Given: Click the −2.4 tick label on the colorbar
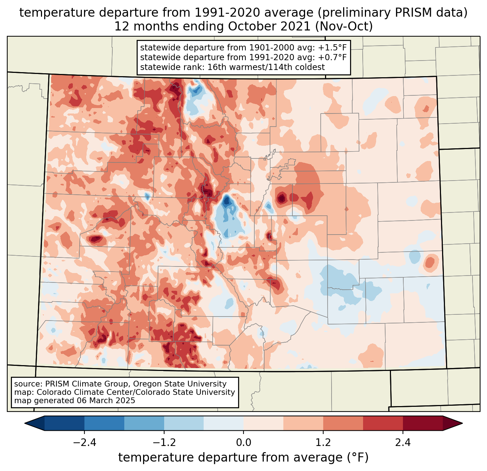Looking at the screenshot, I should click(x=84, y=443).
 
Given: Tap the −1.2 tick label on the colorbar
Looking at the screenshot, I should click(x=164, y=443).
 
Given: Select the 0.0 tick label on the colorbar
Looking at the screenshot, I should click(x=243, y=443).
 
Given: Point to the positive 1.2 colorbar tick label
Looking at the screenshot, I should click(x=323, y=443).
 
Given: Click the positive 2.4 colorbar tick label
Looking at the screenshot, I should click(x=403, y=443).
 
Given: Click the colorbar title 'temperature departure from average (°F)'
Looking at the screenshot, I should click(x=243, y=458).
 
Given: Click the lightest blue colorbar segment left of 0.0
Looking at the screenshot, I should click(x=224, y=423).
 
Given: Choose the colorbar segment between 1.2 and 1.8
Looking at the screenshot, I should click(x=343, y=423).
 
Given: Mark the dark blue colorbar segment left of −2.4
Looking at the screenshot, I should click(x=64, y=423).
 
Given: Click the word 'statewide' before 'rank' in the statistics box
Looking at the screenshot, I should click(x=157, y=67).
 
